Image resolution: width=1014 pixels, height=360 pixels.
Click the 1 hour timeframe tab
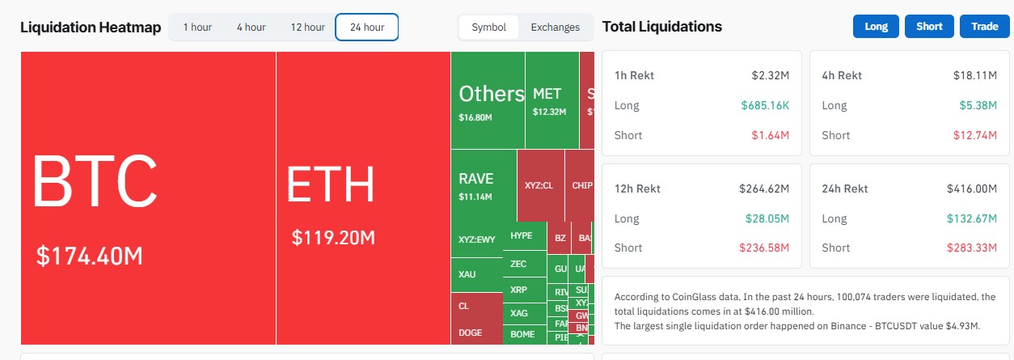(x=197, y=28)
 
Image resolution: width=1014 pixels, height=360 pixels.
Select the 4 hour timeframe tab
(x=251, y=28)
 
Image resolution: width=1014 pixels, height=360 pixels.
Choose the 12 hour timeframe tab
(x=307, y=28)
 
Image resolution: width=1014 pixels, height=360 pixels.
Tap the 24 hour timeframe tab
(x=367, y=28)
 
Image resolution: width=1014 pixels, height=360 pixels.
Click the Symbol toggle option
(x=488, y=28)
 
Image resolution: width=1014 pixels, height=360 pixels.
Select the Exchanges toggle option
(x=555, y=28)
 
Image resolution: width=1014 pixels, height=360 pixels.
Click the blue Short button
(x=929, y=27)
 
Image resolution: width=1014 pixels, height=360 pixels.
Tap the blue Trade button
(x=984, y=27)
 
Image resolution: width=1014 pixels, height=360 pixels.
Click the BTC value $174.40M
(x=90, y=256)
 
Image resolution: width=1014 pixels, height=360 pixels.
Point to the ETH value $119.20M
(x=333, y=238)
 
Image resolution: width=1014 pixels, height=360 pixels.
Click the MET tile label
(x=547, y=94)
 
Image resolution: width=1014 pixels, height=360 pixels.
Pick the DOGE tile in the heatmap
(x=470, y=332)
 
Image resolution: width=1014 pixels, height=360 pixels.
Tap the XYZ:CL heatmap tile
(x=539, y=185)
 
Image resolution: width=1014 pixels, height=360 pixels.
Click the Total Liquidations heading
(x=662, y=27)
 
